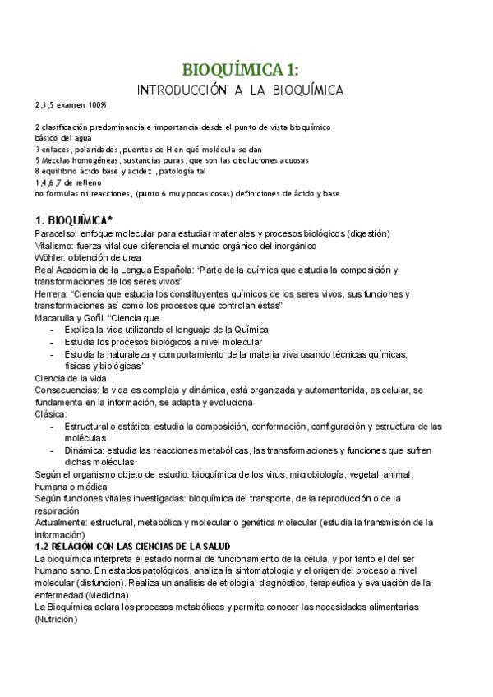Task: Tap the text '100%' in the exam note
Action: pos(96,105)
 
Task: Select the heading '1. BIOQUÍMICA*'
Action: pos(74,221)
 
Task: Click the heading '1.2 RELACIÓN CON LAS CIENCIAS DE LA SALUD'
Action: pos(132,546)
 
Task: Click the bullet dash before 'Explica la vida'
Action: pos(53,330)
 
